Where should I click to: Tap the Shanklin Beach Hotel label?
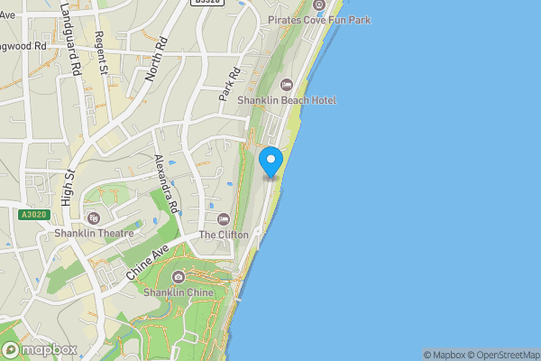[287, 100]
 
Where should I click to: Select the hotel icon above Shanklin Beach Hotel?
[287, 85]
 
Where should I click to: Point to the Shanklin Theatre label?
[94, 233]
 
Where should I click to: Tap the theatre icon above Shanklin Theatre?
[94, 218]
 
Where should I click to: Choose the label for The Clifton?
[224, 235]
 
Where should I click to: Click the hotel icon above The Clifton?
[224, 218]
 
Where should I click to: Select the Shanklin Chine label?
[178, 292]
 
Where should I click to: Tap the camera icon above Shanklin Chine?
[178, 277]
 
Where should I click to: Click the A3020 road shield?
[32, 215]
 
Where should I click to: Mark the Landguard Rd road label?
[69, 44]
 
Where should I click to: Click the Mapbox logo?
[38, 349]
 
